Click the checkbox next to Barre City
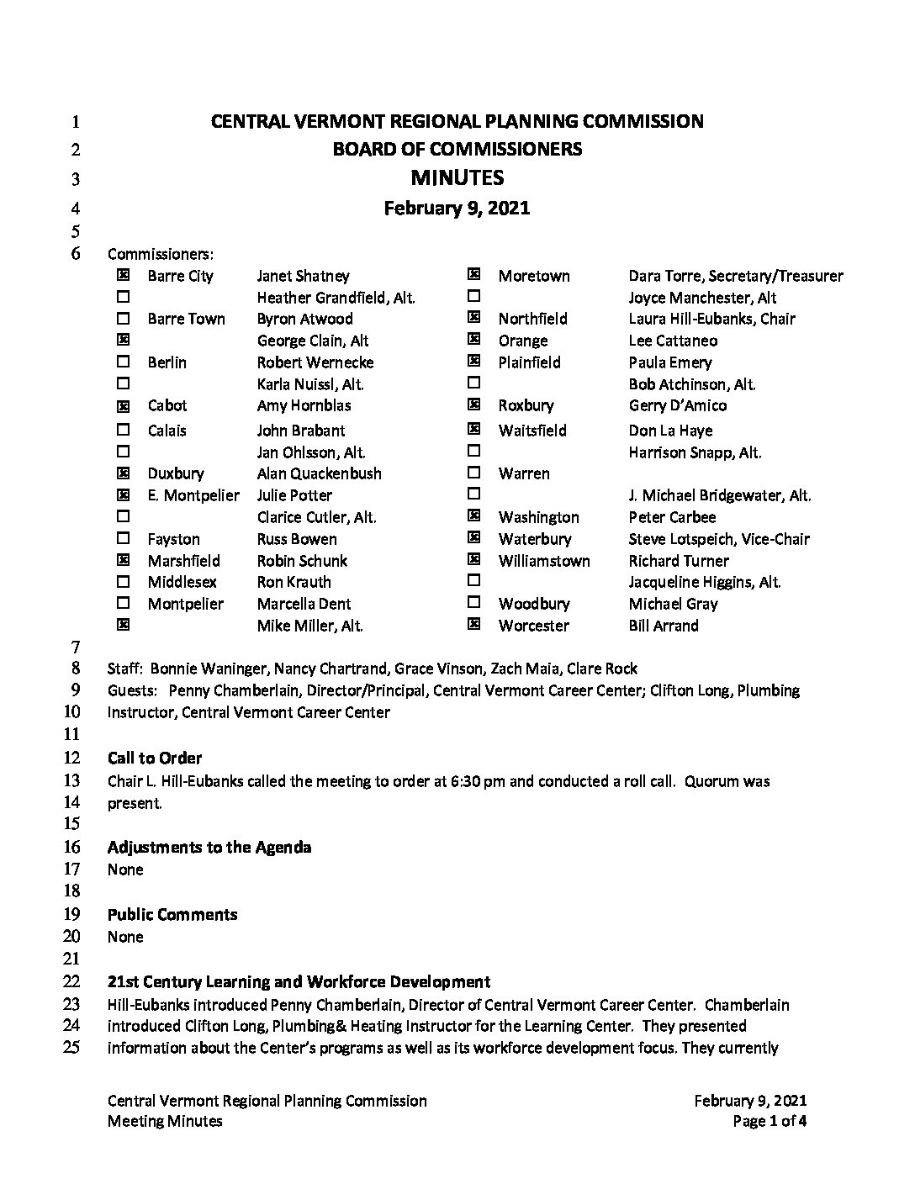coord(124,275)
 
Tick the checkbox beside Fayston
coord(124,538)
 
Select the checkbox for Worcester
coord(473,625)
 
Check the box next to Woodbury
coord(473,603)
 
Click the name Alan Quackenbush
coord(319,473)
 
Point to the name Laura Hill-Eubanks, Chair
coord(711,319)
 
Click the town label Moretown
coord(533,276)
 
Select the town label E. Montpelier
coord(193,495)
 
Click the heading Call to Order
coord(155,758)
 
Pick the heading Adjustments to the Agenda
coord(209,847)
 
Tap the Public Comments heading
coord(172,914)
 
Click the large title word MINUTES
coord(457,177)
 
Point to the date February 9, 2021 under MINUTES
coord(457,208)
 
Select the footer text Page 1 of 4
coord(770,1121)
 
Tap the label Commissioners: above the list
coord(161,253)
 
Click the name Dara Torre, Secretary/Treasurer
coord(735,276)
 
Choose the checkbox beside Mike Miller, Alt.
coord(124,625)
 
